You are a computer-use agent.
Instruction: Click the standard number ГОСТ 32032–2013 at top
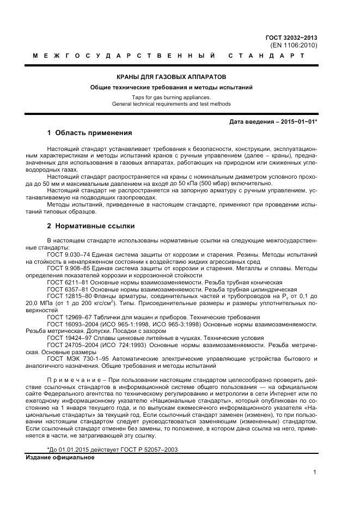291,38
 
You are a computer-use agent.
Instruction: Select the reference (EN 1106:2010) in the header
294,45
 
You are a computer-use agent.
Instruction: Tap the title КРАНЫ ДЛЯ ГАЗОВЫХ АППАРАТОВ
172,77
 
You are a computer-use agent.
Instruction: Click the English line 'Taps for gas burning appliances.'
172,97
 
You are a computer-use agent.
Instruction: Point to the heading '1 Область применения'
89,133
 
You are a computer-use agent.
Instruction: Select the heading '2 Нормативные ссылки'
91,226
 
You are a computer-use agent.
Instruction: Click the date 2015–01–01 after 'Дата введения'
298,122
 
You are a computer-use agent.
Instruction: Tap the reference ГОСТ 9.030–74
68,255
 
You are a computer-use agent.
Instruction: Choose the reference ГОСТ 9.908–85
68,268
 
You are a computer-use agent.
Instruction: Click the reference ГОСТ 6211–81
66,282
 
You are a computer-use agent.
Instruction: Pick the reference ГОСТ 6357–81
66,289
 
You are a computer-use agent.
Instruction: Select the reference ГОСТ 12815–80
68,296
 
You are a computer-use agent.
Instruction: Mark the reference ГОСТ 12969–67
68,317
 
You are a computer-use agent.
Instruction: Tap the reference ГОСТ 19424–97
68,338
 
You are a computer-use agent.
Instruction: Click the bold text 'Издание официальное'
60,457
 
